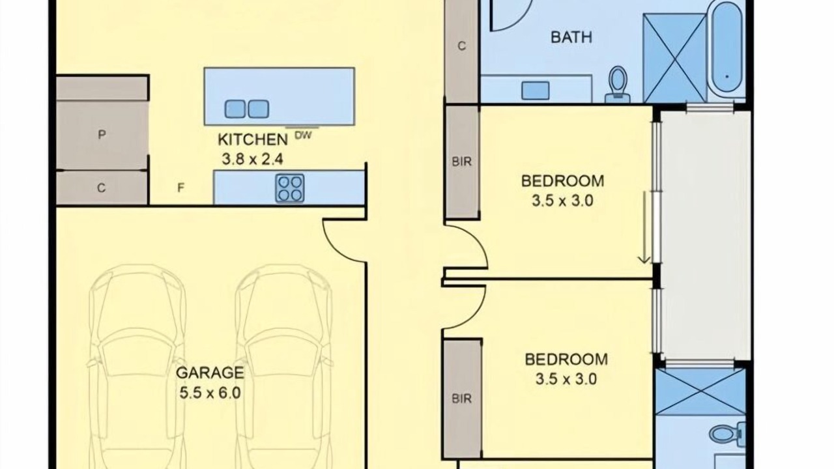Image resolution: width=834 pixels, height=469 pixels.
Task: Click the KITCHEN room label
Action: pos(253,139)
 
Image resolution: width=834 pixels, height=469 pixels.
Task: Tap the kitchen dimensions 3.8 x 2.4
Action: pos(252,160)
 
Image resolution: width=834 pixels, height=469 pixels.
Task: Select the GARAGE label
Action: pos(210,373)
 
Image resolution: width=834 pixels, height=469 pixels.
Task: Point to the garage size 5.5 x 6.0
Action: pos(210,393)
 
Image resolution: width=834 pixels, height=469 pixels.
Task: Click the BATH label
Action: pos(571,37)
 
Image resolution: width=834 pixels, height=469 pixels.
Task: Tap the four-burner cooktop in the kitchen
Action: pos(290,188)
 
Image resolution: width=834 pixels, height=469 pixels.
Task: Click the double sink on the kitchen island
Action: pos(246,109)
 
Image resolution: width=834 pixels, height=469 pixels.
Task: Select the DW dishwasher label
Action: pos(304,135)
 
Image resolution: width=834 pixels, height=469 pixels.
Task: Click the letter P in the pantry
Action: pos(102,134)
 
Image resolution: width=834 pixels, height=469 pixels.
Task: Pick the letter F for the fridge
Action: pos(180,188)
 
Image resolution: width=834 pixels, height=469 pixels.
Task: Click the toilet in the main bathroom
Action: pos(618,85)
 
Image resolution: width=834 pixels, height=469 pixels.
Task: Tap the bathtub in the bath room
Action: pos(727,46)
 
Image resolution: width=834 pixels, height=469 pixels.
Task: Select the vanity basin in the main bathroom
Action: pos(536,91)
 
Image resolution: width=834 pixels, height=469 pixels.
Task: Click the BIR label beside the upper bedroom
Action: pos(462,162)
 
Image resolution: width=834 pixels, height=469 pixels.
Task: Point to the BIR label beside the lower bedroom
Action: pos(462,399)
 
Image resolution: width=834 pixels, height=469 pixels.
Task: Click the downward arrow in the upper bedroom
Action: pos(644,228)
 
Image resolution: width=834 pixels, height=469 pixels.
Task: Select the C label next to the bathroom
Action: pos(462,46)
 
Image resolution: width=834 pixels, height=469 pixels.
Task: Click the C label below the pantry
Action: pos(101,188)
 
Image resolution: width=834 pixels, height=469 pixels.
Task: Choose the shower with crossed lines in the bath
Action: pos(674,58)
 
